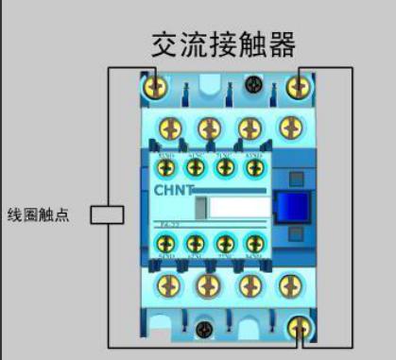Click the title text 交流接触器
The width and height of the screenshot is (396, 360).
click(x=224, y=44)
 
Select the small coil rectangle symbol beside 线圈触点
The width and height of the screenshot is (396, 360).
click(x=108, y=214)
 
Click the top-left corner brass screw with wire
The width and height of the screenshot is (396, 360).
click(x=156, y=87)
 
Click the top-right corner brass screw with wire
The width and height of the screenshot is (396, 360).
click(x=301, y=87)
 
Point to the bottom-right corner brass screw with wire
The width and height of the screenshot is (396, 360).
click(x=301, y=328)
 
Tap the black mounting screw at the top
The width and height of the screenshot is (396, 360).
click(x=253, y=85)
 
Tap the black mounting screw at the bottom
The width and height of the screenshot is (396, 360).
click(x=205, y=330)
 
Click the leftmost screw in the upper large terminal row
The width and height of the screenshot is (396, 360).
click(x=171, y=128)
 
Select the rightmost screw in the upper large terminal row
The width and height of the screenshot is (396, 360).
click(x=286, y=128)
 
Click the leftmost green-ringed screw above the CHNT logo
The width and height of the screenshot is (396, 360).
click(x=166, y=166)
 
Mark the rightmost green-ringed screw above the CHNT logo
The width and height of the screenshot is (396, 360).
click(x=252, y=166)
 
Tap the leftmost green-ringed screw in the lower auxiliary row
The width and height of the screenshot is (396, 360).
click(x=166, y=243)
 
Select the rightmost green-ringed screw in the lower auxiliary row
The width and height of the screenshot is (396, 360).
click(x=252, y=243)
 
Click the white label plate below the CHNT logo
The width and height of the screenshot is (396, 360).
click(x=232, y=209)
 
